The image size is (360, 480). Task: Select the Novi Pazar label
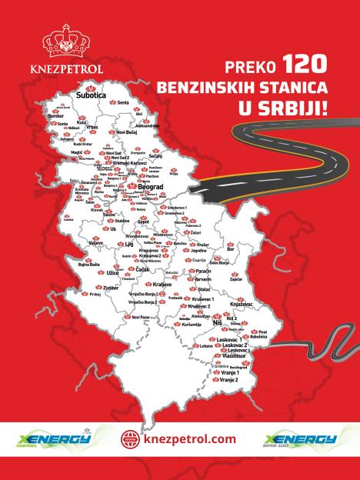coord(140,317)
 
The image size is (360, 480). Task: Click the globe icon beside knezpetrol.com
coord(130,440)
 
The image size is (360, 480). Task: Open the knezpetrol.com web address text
coord(188,440)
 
